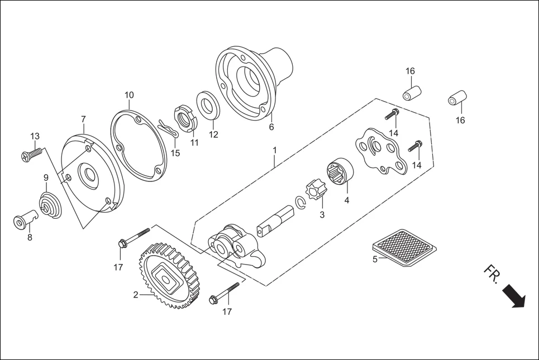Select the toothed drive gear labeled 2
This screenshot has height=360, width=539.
click(167, 276)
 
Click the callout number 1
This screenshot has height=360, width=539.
click(275, 150)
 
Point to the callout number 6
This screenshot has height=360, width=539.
click(271, 127)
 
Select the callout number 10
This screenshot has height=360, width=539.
click(129, 95)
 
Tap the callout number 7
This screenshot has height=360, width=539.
click(83, 119)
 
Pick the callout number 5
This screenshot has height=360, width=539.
click(375, 259)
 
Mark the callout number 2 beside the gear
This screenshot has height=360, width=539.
click(135, 295)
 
